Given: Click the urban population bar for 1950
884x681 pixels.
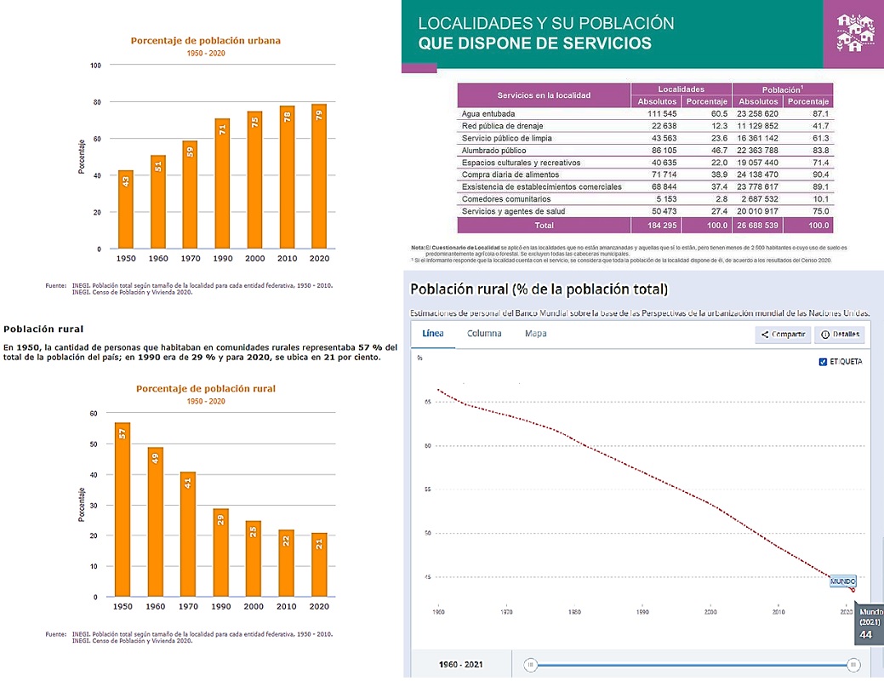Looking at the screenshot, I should tap(125, 209).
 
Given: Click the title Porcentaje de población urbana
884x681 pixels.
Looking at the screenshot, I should tap(205, 40).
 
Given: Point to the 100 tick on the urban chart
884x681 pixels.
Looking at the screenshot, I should tap(95, 66).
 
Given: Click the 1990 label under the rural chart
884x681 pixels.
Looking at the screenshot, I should tap(221, 606).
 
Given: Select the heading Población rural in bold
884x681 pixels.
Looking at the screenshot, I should tap(43, 328).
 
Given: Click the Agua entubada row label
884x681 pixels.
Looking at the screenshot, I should tap(488, 113).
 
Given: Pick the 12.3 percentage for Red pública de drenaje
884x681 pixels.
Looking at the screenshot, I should tap(717, 125).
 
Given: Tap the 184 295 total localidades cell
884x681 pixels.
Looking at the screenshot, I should tap(658, 226).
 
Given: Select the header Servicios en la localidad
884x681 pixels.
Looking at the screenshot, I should tap(544, 94).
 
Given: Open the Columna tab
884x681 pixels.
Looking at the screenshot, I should tap(484, 334).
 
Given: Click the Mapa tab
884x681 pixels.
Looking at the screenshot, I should tap(536, 334).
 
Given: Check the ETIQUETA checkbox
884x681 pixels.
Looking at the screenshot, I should tap(823, 363).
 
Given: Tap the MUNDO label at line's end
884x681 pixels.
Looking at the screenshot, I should tap(842, 581).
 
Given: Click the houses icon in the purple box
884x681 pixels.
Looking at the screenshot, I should tap(854, 34).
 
